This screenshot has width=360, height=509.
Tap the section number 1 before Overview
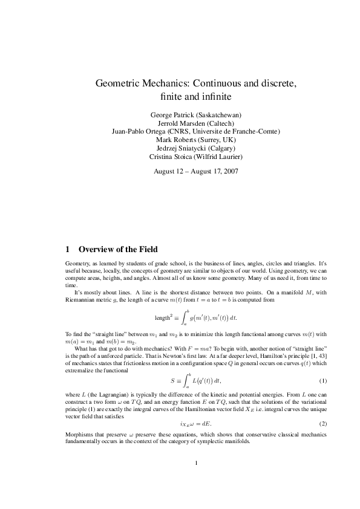pos(67,249)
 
